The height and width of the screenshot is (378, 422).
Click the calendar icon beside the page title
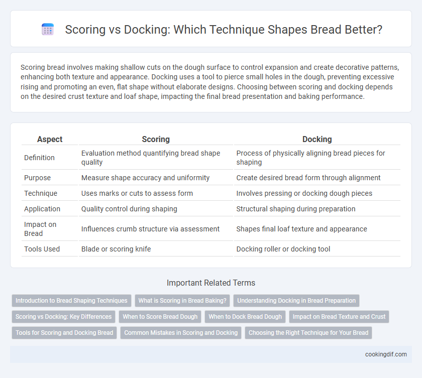pyautogui.click(x=48, y=29)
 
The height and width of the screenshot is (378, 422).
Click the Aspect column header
pyautogui.click(x=50, y=139)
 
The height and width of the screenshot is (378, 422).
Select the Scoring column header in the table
pyautogui.click(x=156, y=139)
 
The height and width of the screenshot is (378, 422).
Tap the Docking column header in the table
pyautogui.click(x=317, y=139)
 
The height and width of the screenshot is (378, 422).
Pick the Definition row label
pyautogui.click(x=39, y=158)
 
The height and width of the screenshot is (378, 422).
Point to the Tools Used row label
pyautogui.click(x=42, y=249)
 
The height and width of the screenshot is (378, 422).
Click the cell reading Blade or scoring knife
pyautogui.click(x=116, y=249)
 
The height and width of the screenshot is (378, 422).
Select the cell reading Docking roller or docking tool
pyautogui.click(x=283, y=249)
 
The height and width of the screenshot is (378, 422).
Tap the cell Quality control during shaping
pyautogui.click(x=129, y=209)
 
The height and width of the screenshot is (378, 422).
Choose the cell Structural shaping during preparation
pyautogui.click(x=296, y=209)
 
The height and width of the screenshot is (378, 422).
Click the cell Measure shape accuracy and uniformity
pyautogui.click(x=145, y=178)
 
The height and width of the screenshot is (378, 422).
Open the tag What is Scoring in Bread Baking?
pyautogui.click(x=182, y=301)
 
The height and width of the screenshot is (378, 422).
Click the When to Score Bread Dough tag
pyautogui.click(x=160, y=317)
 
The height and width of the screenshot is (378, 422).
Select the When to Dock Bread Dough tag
pyautogui.click(x=245, y=317)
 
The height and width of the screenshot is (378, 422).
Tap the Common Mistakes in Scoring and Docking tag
pyautogui.click(x=181, y=333)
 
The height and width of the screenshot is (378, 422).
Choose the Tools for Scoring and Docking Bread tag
pyautogui.click(x=64, y=333)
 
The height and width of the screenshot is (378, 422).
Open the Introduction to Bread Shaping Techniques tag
pyautogui.click(x=71, y=301)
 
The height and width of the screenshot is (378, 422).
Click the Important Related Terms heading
pyautogui.click(x=211, y=283)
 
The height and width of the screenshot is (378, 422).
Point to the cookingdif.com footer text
pyautogui.click(x=386, y=354)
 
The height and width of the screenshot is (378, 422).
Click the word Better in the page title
pyautogui.click(x=363, y=30)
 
